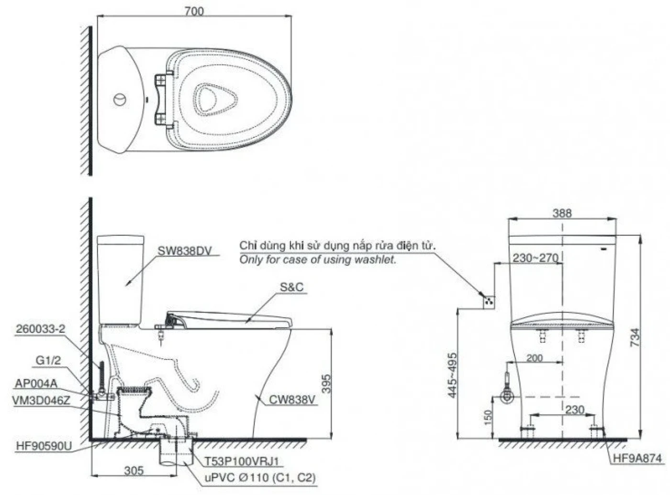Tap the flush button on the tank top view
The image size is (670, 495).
(120, 100)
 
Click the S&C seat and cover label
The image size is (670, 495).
(291, 288)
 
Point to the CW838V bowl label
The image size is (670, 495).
(292, 399)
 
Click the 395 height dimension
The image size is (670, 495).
(325, 383)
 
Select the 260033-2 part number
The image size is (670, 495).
(40, 329)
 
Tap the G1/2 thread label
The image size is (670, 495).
(48, 361)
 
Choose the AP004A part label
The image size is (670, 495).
(36, 383)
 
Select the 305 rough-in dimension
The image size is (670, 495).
(134, 470)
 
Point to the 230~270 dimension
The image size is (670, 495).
(536, 258)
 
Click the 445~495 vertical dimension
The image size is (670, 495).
(452, 375)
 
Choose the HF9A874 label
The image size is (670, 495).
(638, 458)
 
